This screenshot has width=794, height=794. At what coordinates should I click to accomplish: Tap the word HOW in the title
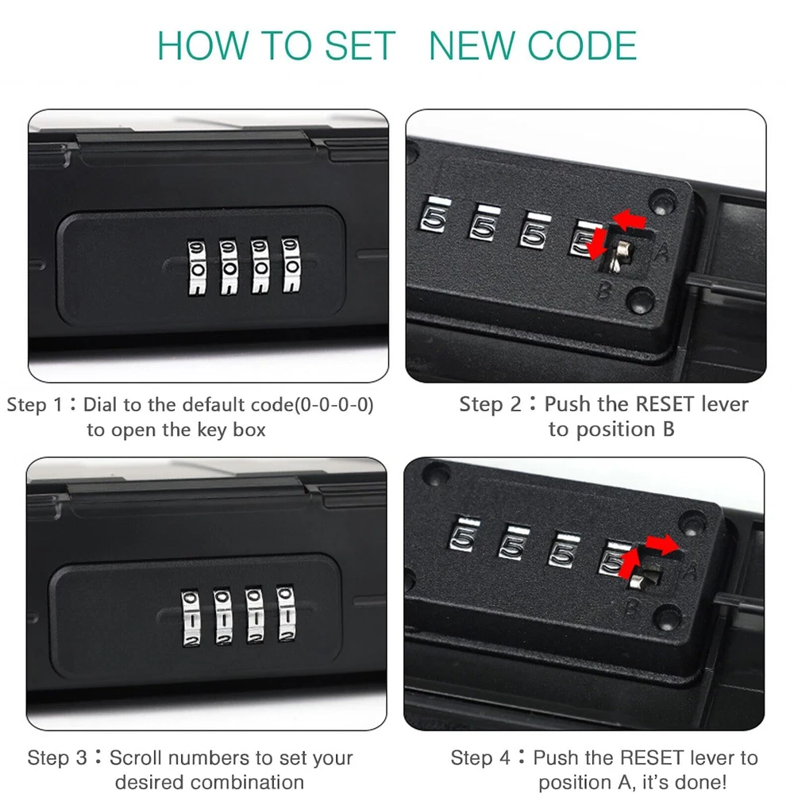[203, 45]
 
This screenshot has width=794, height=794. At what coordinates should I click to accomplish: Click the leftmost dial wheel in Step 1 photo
[197, 267]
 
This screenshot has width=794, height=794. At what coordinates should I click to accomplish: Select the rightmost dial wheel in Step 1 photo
[291, 264]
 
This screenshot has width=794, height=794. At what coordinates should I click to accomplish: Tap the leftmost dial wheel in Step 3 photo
[191, 618]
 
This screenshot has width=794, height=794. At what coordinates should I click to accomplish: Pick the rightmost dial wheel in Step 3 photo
[286, 614]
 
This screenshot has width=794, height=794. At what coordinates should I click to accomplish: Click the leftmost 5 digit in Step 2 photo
[434, 218]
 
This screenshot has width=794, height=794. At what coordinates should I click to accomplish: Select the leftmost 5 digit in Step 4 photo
[464, 536]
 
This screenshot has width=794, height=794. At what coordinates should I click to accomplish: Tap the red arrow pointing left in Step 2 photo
[629, 221]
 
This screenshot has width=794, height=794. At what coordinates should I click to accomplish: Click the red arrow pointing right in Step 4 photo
[662, 545]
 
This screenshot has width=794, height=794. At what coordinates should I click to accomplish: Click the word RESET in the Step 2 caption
[665, 404]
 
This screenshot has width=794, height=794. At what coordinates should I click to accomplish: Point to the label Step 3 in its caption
[56, 757]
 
